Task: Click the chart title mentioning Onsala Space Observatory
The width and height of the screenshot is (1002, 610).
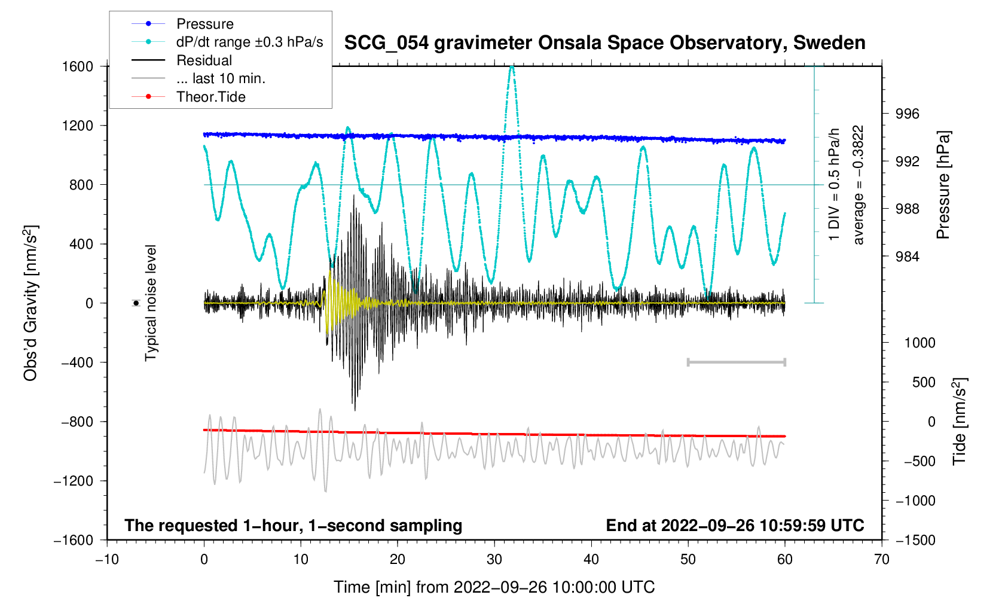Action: tap(604, 43)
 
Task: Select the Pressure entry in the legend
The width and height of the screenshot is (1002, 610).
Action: tap(204, 24)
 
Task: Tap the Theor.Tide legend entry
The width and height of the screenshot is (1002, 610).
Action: tap(210, 97)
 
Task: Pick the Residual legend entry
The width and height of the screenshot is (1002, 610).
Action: tap(204, 60)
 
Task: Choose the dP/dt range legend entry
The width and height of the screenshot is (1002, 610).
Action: tap(249, 42)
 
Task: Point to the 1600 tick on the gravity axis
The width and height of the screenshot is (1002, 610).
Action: tap(78, 66)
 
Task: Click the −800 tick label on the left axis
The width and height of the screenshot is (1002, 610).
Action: tap(78, 422)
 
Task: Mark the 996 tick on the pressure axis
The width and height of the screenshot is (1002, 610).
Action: tap(907, 114)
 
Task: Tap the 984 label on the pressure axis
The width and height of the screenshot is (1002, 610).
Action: tap(907, 257)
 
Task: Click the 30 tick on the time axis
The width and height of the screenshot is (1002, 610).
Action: tap(494, 559)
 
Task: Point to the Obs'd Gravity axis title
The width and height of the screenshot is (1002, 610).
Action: tap(30, 303)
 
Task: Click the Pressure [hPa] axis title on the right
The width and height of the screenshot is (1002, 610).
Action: tap(943, 185)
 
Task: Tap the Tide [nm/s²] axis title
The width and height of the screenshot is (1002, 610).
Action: tap(959, 421)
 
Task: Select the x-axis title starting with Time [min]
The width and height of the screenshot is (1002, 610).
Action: tap(494, 587)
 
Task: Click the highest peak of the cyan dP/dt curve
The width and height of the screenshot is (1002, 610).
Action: tap(512, 67)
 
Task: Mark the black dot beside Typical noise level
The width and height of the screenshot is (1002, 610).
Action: tap(136, 303)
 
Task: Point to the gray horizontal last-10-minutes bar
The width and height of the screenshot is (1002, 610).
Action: tap(736, 362)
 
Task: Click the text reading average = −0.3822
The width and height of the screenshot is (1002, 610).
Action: tap(859, 185)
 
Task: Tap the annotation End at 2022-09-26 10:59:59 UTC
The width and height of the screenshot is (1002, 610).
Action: tap(735, 526)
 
